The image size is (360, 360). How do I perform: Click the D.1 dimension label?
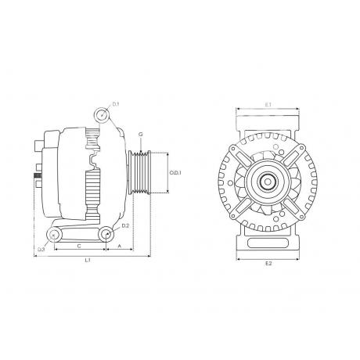coord(116,104)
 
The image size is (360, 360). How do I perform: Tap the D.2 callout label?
coord(125,226)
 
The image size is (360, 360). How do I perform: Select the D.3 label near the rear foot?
coord(41,250)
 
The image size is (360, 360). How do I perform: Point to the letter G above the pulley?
coord(141,135)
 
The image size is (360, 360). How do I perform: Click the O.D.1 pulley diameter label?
coord(175,173)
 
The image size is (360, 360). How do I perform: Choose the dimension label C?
coord(80,246)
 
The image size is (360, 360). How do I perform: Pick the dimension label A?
coord(120,246)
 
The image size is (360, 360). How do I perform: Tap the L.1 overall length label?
coord(88,260)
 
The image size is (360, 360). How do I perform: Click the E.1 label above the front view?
coord(268,105)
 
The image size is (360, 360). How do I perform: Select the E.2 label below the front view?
coord(268,264)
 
